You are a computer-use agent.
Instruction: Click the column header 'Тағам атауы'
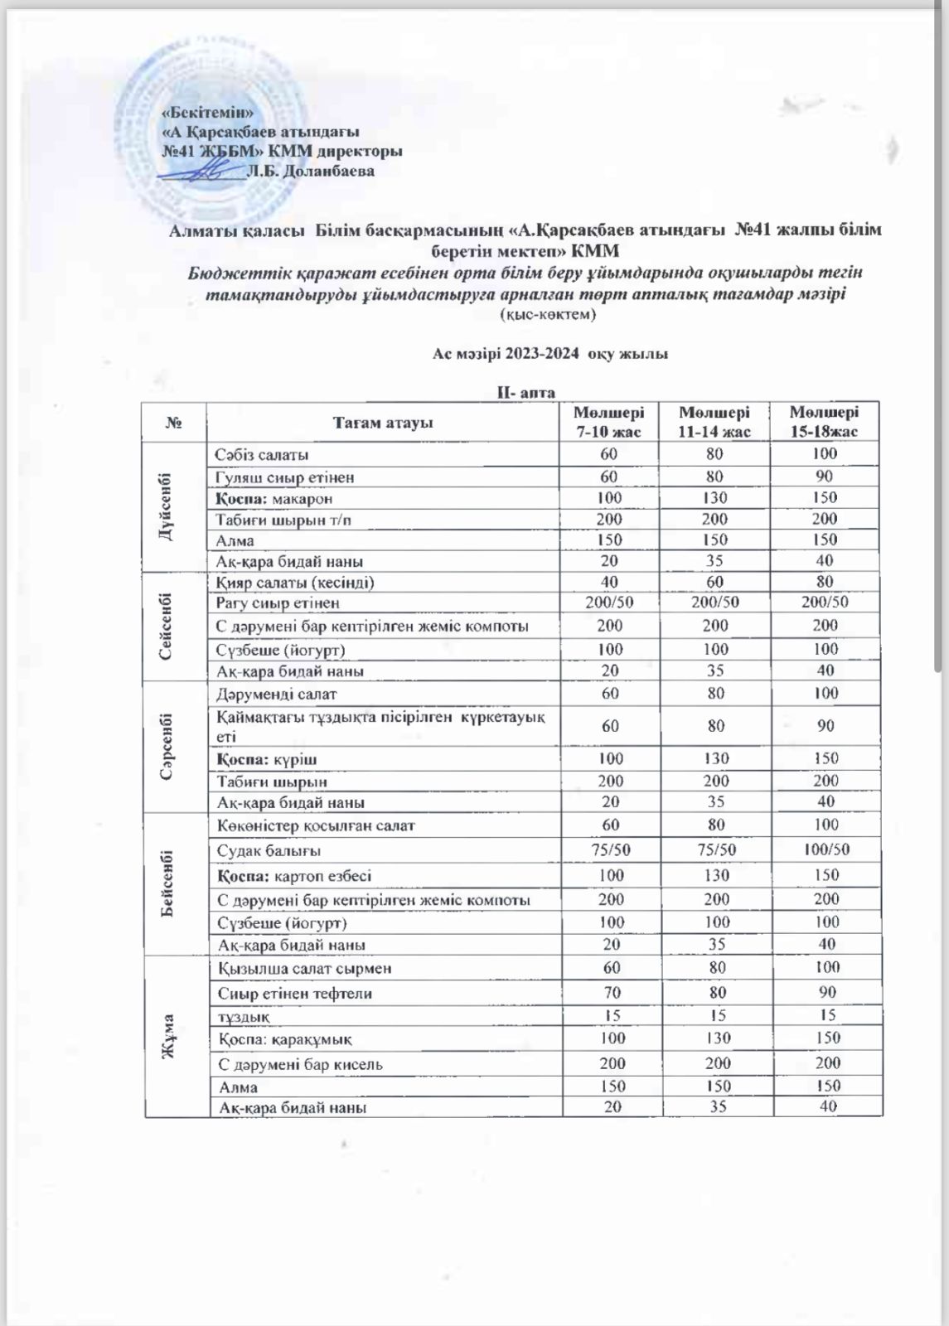[x=383, y=423]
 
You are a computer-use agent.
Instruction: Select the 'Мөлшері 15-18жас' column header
[x=824, y=422]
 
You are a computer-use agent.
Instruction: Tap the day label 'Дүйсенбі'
[x=168, y=506]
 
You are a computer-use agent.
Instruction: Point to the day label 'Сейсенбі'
[x=168, y=626]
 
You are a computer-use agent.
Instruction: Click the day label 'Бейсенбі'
[x=168, y=883]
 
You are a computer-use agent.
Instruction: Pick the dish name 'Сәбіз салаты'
[x=263, y=455]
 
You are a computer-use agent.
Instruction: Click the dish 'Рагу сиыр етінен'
[x=278, y=603]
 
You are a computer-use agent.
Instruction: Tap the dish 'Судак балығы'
[x=269, y=850]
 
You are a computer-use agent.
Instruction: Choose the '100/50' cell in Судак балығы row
[x=826, y=850]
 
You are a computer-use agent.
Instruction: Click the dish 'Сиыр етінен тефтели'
[x=295, y=993]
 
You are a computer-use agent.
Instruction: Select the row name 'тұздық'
[x=244, y=1016]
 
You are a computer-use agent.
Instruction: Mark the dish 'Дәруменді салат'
[x=277, y=694]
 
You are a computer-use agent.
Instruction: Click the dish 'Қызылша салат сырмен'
[x=305, y=968]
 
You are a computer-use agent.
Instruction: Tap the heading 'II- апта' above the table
[x=525, y=393]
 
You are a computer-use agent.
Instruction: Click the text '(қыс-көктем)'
[x=548, y=315]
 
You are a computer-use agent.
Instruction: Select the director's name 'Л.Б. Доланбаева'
[x=311, y=172]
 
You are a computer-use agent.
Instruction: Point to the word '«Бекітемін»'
[x=207, y=112]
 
